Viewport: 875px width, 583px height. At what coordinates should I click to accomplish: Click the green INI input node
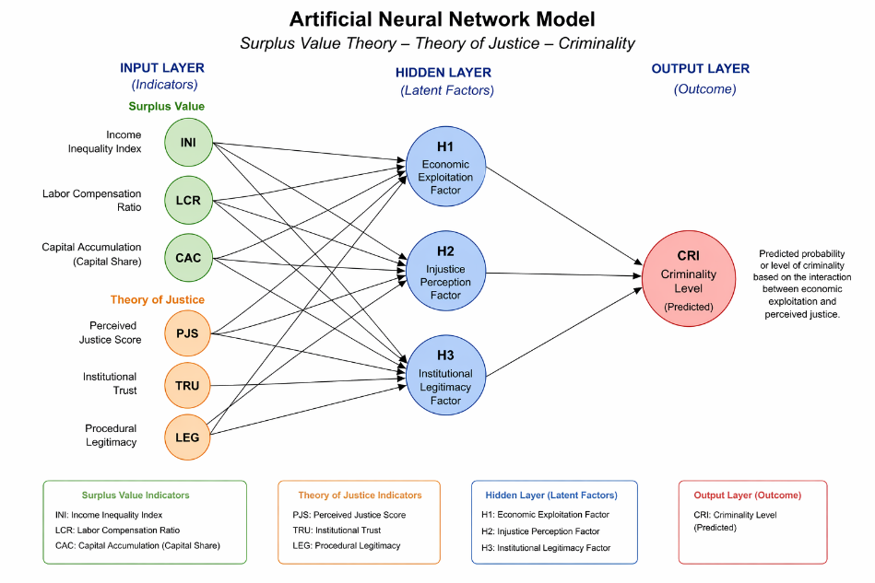coord(189,142)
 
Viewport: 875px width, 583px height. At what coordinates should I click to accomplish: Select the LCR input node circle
coord(189,200)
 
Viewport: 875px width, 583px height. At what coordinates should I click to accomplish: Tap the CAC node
coord(189,258)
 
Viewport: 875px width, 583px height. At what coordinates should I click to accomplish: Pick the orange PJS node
coord(187,333)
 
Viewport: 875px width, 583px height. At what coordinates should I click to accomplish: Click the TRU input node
coord(187,385)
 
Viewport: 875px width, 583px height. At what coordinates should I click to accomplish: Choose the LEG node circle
coord(187,437)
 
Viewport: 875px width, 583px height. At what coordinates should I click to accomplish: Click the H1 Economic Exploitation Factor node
coord(445,166)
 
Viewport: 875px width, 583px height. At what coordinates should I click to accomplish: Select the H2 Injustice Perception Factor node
coord(445,271)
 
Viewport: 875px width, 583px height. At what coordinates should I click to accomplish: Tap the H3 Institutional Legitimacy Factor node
coord(445,375)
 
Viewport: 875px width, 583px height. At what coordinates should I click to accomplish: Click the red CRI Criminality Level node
coord(689,278)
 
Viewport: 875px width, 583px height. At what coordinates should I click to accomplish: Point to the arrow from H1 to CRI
coord(563,216)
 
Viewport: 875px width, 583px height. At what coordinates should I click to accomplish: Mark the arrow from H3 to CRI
coord(563,332)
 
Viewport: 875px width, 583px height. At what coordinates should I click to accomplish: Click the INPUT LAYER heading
coord(162,68)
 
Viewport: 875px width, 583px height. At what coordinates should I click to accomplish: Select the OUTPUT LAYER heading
coord(701,68)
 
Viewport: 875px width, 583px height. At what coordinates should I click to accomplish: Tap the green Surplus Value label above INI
coord(166,106)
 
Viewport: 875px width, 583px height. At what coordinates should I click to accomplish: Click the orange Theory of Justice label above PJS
coord(158,299)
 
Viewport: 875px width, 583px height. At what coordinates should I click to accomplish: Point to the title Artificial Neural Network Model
coord(442,19)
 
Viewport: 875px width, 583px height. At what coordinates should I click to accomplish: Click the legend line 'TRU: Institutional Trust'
coord(337,531)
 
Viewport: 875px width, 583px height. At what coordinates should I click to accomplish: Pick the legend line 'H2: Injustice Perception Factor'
coord(540,531)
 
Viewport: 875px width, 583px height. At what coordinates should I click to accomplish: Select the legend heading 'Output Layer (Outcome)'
coord(747,495)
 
